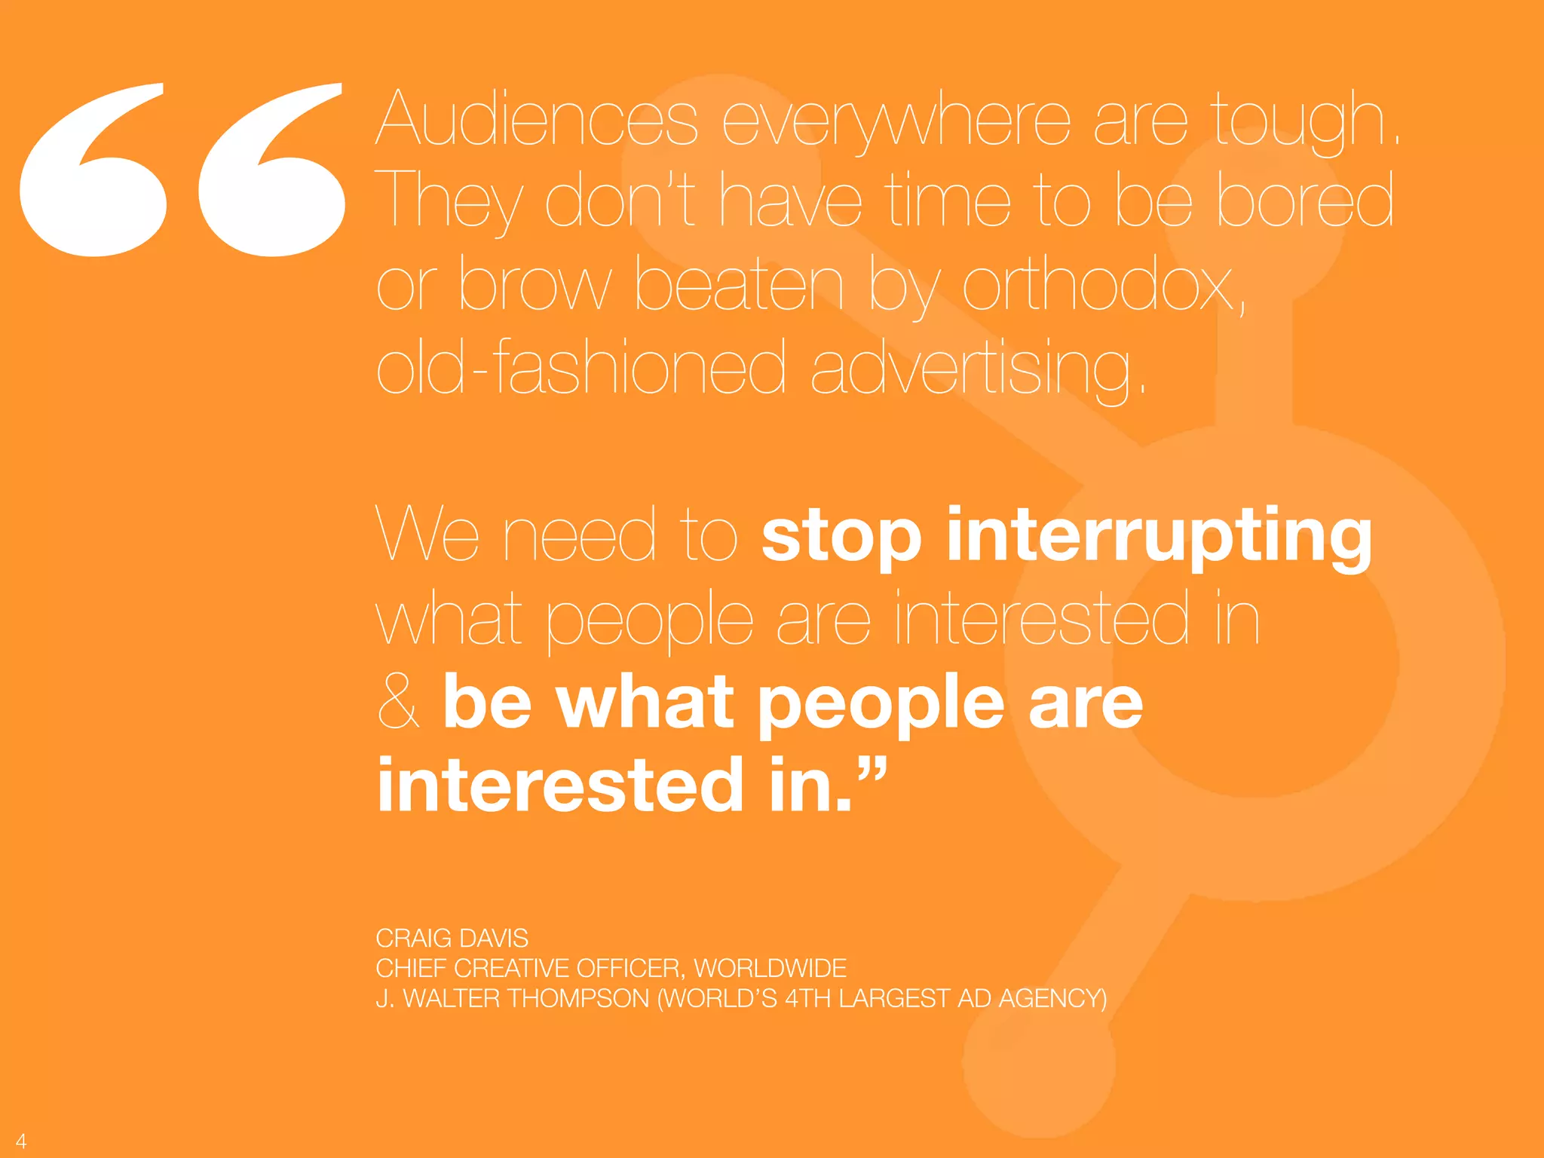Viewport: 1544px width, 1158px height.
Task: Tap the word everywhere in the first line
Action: click(896, 121)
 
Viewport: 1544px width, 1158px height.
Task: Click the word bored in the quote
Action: click(1304, 199)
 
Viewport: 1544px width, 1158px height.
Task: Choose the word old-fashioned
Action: click(581, 367)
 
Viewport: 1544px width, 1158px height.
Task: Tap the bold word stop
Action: click(841, 537)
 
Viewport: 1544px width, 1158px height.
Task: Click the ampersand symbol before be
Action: click(398, 702)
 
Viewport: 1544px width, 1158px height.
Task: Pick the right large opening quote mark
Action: click(271, 170)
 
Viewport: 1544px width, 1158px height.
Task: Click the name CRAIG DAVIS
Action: click(452, 938)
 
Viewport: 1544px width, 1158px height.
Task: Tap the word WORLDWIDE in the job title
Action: click(770, 968)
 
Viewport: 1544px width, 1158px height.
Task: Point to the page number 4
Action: click(21, 1141)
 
